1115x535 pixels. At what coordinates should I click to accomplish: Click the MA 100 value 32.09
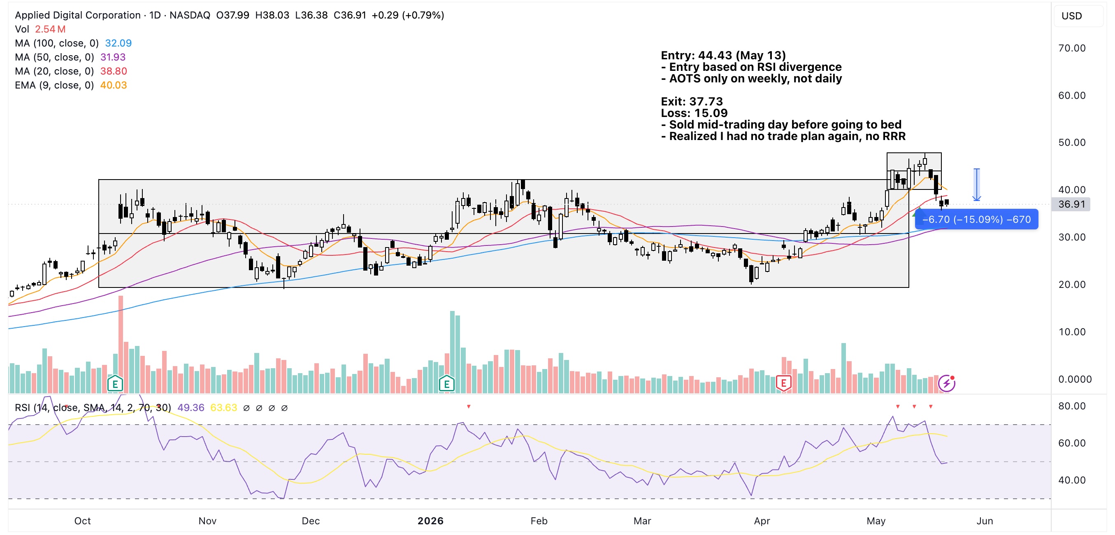click(x=118, y=43)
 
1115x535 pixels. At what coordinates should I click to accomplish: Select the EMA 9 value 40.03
click(x=114, y=85)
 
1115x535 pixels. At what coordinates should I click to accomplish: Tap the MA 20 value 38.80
click(x=114, y=71)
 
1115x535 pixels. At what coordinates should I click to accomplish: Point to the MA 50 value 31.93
click(x=113, y=57)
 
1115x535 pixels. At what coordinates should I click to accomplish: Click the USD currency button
click(x=1072, y=16)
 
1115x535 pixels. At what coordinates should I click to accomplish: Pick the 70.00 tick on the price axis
click(x=1072, y=48)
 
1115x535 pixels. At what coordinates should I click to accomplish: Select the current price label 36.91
click(x=1071, y=204)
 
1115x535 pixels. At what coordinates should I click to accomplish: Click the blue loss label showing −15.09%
click(x=976, y=219)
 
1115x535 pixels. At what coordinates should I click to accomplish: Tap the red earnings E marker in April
click(x=783, y=383)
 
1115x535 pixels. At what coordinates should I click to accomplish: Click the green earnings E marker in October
click(x=115, y=383)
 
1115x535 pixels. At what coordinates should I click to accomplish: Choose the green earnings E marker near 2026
click(x=446, y=383)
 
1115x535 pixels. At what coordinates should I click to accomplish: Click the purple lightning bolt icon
click(x=947, y=383)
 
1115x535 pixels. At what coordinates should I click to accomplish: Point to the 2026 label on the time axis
click(x=430, y=521)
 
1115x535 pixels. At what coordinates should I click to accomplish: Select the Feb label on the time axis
click(x=539, y=521)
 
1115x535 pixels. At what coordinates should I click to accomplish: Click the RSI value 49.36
click(x=190, y=408)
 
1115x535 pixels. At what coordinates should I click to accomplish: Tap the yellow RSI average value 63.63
click(x=223, y=408)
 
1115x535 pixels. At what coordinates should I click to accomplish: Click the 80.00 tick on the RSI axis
click(x=1072, y=406)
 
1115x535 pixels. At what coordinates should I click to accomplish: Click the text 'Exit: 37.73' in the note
click(x=692, y=101)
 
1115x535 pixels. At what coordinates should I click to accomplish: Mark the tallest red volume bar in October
click(x=121, y=344)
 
